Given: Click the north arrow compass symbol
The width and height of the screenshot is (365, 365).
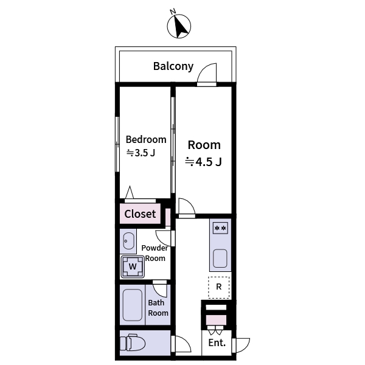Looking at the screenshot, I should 179,26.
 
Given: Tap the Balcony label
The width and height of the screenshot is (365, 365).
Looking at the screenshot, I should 173,66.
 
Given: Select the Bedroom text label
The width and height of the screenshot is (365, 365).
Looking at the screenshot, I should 146,139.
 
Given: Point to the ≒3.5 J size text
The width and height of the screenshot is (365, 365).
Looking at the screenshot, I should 141,153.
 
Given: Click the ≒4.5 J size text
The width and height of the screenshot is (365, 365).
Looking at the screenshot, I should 203,162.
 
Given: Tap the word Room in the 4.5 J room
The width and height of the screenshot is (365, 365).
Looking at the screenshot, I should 204,145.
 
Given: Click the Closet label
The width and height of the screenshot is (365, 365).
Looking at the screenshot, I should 140,214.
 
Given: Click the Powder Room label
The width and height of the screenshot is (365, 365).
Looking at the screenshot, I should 155,253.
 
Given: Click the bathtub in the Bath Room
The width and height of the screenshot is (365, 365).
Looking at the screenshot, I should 133,305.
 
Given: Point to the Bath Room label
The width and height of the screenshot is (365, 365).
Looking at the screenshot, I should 158,308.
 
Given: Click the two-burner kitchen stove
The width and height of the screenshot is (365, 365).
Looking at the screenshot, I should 220,228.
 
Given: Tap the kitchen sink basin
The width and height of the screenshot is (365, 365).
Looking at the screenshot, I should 220,259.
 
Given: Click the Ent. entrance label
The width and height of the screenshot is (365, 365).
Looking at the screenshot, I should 217,343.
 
